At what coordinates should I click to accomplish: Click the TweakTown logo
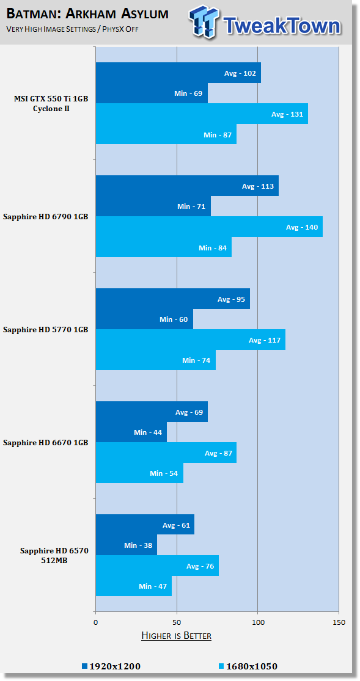[264, 22]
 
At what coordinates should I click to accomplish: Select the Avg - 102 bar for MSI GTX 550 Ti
[178, 73]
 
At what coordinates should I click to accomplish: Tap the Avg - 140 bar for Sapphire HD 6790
[209, 227]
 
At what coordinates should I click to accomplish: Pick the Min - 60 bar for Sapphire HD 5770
[144, 319]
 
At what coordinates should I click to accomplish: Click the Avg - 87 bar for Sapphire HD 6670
[166, 453]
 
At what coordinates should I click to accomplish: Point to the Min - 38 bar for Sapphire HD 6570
[127, 545]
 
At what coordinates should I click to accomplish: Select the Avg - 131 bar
[202, 114]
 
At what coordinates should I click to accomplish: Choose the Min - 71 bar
[153, 206]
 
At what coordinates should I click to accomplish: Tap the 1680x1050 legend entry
[251, 666]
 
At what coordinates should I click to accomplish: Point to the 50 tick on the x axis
[177, 622]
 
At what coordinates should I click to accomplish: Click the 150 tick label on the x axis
[339, 622]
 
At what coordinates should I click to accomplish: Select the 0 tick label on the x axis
[95, 622]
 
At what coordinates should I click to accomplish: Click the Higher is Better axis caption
[176, 636]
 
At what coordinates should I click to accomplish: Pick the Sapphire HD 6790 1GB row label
[46, 216]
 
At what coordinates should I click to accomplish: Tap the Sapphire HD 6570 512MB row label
[46, 555]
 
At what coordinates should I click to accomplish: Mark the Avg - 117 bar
[191, 340]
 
